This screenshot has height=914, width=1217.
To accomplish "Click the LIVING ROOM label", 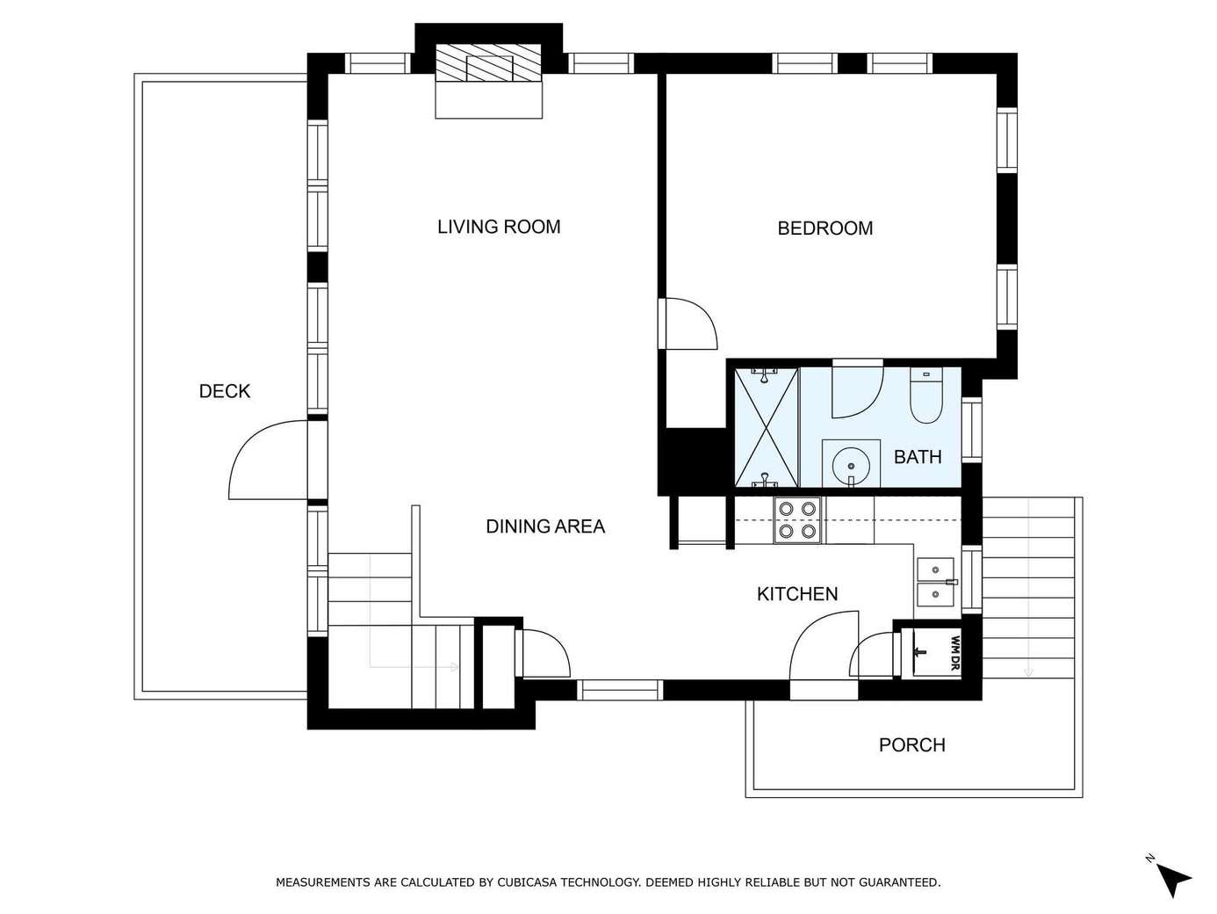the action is (499, 227).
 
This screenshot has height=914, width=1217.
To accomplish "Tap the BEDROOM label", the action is (825, 228).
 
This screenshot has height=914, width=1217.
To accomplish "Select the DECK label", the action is (225, 391).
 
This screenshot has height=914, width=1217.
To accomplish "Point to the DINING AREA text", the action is (545, 526).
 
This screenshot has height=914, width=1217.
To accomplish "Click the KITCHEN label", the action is (796, 594).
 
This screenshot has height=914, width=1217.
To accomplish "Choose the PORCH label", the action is (911, 744).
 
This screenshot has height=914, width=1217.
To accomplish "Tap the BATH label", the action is (918, 457).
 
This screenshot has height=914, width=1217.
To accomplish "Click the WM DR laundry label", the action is (954, 653).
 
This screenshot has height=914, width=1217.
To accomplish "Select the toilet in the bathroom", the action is (925, 395).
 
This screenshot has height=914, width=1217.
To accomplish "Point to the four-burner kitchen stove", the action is (797, 520).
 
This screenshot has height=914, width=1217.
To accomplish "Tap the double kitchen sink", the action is (935, 582).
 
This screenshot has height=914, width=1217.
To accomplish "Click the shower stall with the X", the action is (766, 427).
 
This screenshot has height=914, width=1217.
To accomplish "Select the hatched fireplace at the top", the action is (488, 63).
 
